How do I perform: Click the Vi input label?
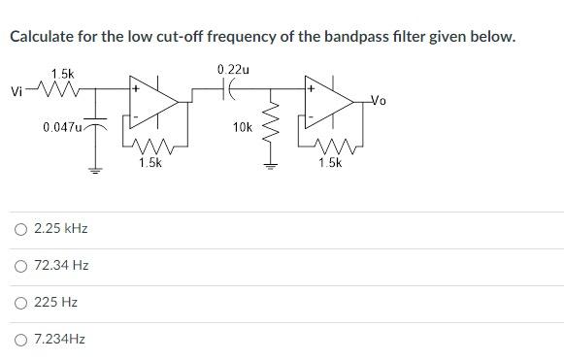click(x=16, y=92)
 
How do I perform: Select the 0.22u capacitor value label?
click(x=233, y=70)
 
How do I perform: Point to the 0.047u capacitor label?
click(x=62, y=127)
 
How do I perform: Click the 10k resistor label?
click(x=243, y=127)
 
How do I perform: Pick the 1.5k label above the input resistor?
click(x=62, y=74)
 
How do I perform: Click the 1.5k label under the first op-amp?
click(x=149, y=163)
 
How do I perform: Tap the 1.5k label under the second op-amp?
click(x=329, y=163)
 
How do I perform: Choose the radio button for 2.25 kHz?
click(x=20, y=229)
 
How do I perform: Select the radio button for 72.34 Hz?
click(x=20, y=266)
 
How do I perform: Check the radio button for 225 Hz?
click(x=20, y=303)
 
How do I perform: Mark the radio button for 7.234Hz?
click(x=20, y=340)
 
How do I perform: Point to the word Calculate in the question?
click(x=44, y=37)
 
